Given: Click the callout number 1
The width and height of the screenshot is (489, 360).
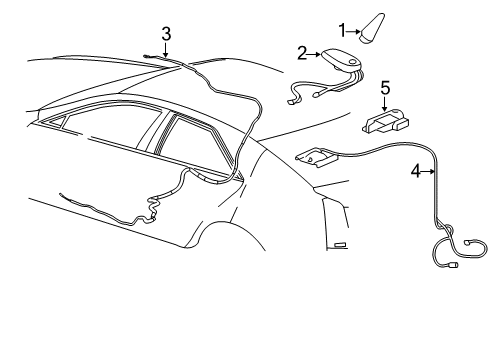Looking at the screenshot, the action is pyautogui.click(x=341, y=29).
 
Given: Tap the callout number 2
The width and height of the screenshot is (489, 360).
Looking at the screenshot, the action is pyautogui.click(x=301, y=53).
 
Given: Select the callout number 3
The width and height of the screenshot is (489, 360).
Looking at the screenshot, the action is pyautogui.click(x=166, y=34).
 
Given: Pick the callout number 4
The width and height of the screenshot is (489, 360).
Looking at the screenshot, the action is pyautogui.click(x=416, y=171).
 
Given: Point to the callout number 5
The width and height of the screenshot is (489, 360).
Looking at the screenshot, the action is pyautogui.click(x=384, y=87).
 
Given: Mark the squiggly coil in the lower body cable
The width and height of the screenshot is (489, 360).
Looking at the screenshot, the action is pyautogui.click(x=154, y=209).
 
